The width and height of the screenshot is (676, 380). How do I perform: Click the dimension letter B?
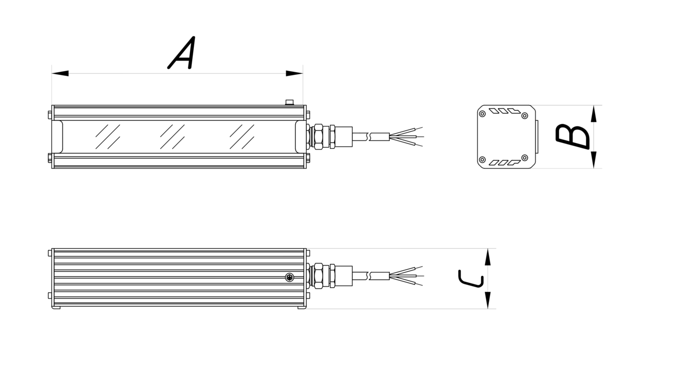pyautogui.click(x=572, y=137)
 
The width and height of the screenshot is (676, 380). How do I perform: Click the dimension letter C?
pyautogui.click(x=471, y=279)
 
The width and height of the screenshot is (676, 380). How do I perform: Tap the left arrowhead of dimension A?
pyautogui.click(x=60, y=73)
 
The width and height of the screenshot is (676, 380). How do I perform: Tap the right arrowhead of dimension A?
pyautogui.click(x=294, y=73)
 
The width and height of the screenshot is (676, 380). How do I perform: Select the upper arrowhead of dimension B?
pyautogui.click(x=594, y=113)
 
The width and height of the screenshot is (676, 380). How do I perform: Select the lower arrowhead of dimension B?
pyautogui.click(x=594, y=160)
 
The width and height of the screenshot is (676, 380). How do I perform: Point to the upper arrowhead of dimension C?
pyautogui.click(x=487, y=257)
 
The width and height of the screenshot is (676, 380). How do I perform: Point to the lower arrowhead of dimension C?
pyautogui.click(x=487, y=300)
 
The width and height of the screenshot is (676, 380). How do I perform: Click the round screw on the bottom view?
pyautogui.click(x=290, y=277)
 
